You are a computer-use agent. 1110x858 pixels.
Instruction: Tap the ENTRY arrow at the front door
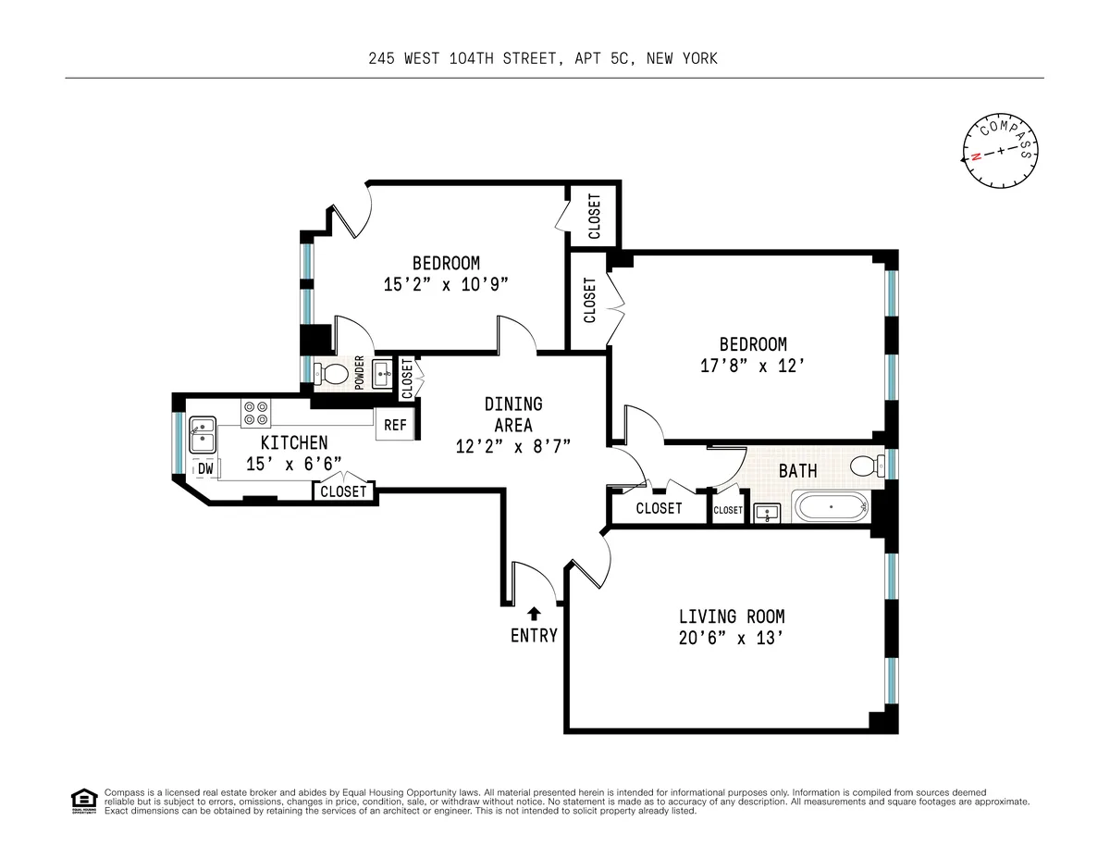[535, 613]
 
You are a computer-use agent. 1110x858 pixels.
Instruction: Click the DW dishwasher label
[205, 469]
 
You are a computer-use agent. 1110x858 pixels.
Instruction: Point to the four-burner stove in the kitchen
[255, 413]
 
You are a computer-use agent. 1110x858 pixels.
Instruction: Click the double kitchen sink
[202, 434]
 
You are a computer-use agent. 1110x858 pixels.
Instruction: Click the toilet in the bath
[864, 465]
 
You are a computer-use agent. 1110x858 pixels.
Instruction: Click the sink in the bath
[766, 512]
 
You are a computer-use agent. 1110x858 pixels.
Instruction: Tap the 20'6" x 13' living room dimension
[732, 638]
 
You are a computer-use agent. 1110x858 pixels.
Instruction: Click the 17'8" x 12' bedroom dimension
[744, 366]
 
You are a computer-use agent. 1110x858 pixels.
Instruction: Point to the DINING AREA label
[513, 415]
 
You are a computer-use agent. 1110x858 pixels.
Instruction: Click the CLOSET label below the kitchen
[343, 491]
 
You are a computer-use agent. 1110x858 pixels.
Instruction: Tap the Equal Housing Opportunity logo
[83, 801]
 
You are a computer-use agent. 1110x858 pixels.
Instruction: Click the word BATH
[797, 471]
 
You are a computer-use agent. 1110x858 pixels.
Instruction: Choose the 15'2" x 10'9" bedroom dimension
[446, 285]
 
